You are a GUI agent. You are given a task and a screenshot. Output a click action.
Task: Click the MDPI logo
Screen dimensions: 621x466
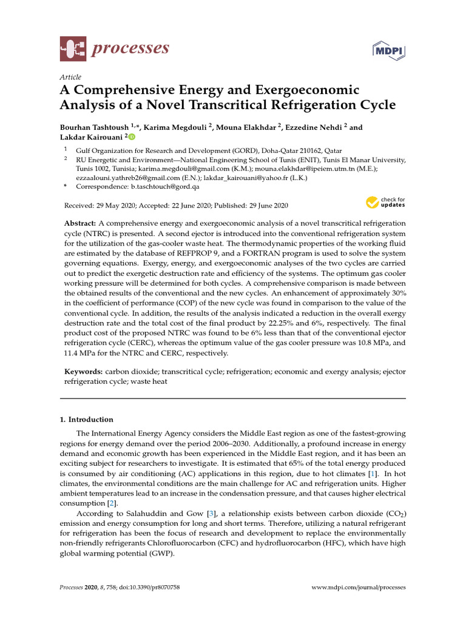(x=388, y=51)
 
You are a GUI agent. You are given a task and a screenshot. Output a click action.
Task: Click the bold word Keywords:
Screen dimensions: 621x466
(x=84, y=371)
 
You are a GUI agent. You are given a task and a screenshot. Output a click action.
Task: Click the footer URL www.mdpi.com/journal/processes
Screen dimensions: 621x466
(x=358, y=588)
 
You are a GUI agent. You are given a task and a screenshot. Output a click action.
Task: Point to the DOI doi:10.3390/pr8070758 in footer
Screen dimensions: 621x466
(x=138, y=588)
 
